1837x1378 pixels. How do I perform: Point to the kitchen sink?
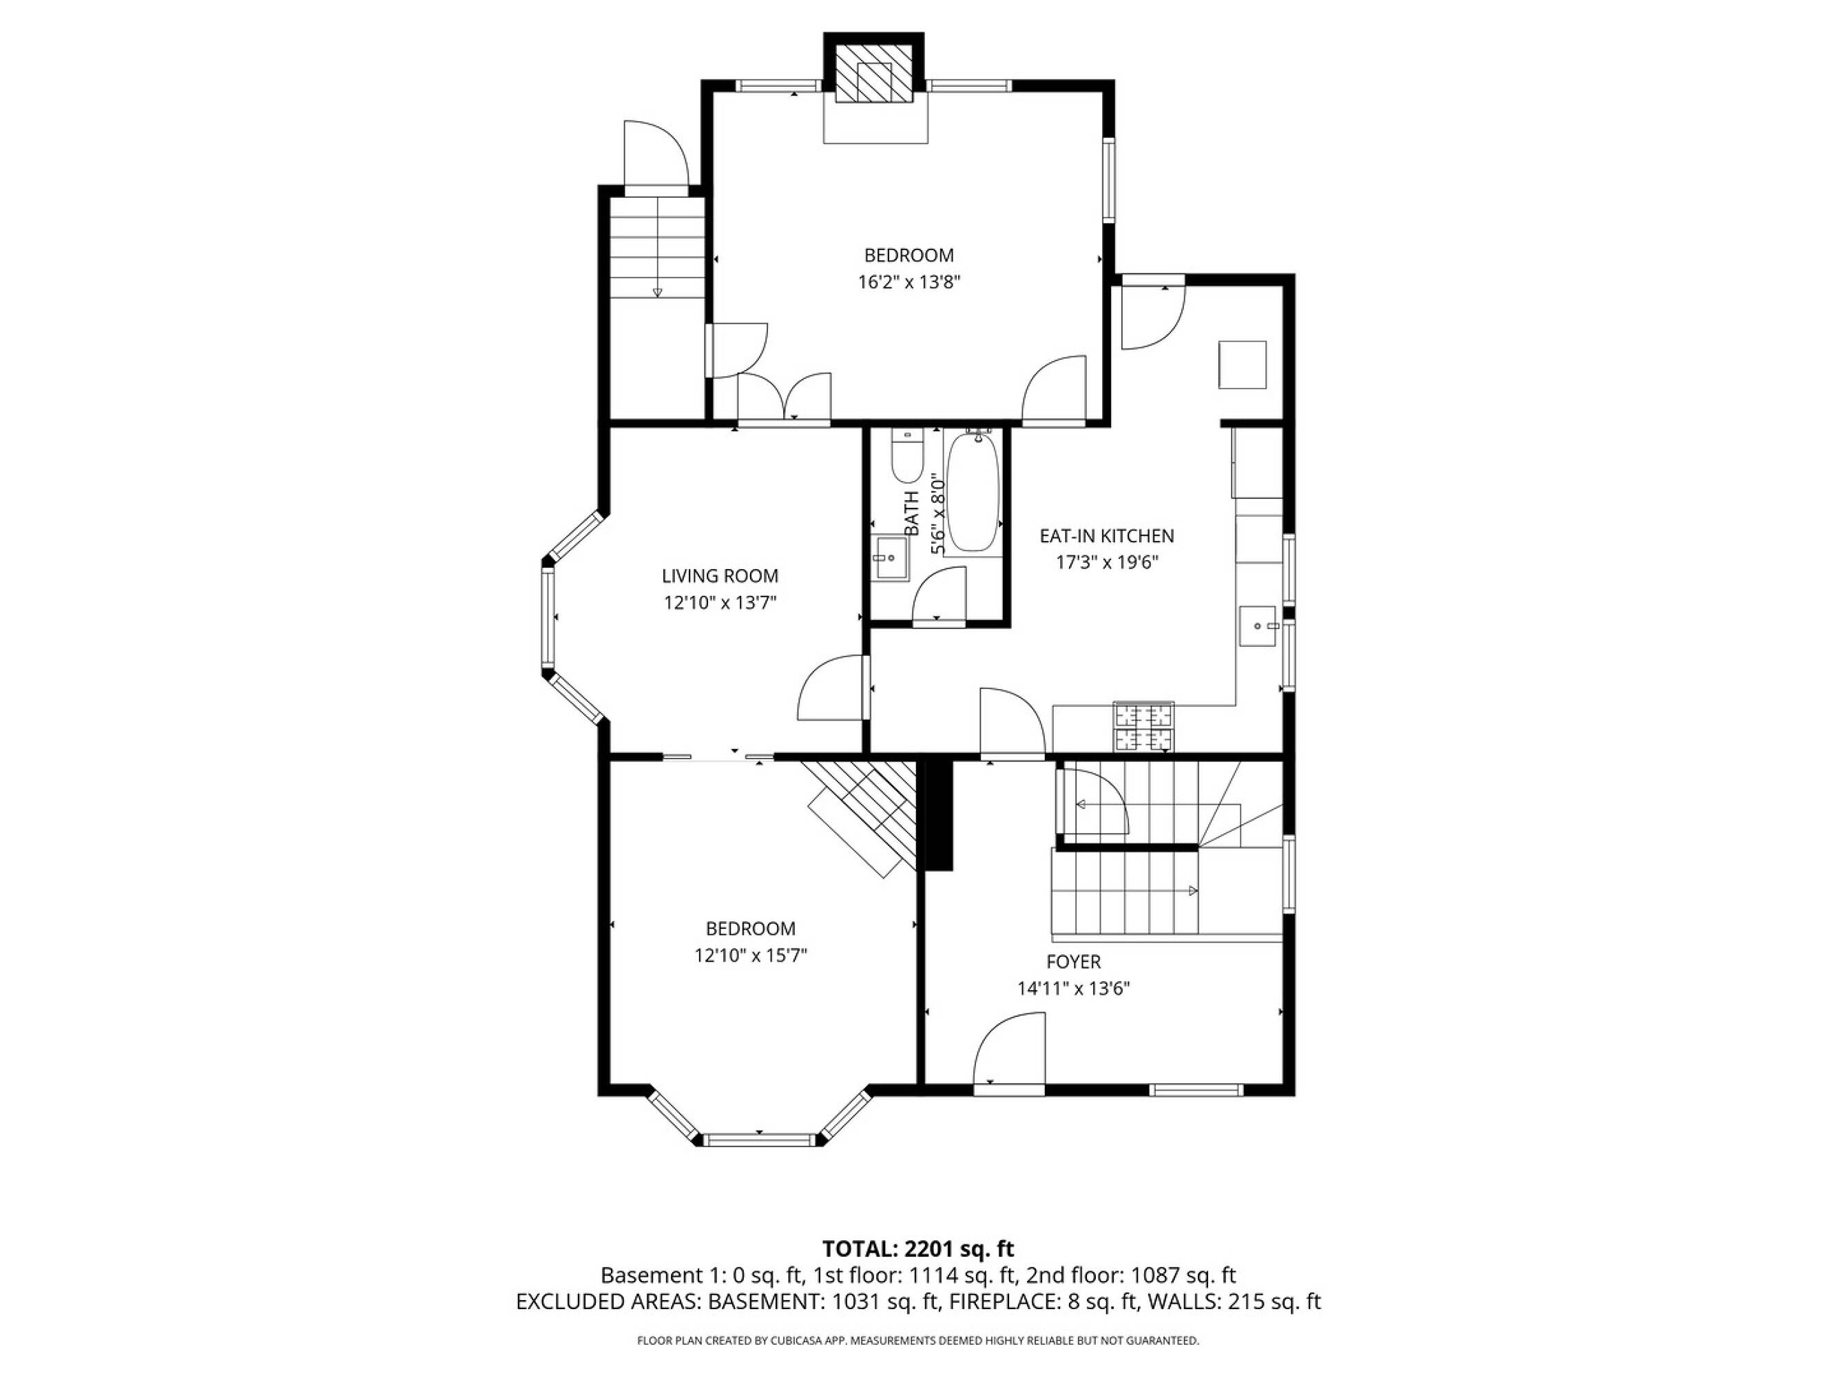click(1257, 626)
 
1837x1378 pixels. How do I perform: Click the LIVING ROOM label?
click(720, 575)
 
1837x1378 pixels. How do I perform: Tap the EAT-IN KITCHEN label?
click(1107, 536)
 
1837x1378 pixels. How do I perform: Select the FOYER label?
click(1074, 962)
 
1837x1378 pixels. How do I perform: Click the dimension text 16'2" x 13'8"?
click(909, 282)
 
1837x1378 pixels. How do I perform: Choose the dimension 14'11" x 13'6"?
click(1074, 989)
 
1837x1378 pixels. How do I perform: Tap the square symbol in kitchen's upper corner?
click(1243, 364)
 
